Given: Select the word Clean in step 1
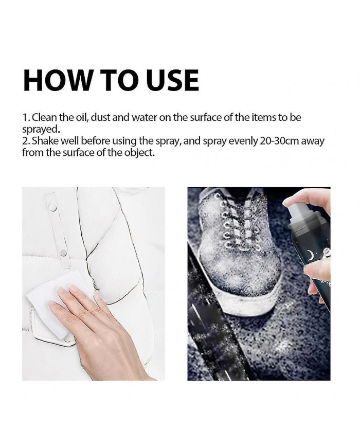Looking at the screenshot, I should tap(44, 117).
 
